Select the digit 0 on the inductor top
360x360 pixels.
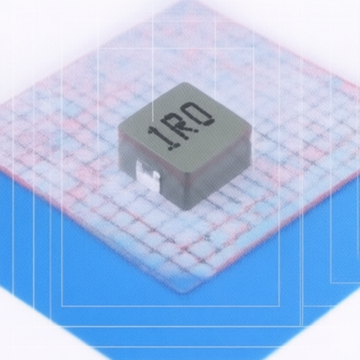(x=201, y=114)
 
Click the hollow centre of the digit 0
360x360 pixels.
(x=200, y=113)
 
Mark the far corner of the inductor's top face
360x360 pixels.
(x=185, y=83)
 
